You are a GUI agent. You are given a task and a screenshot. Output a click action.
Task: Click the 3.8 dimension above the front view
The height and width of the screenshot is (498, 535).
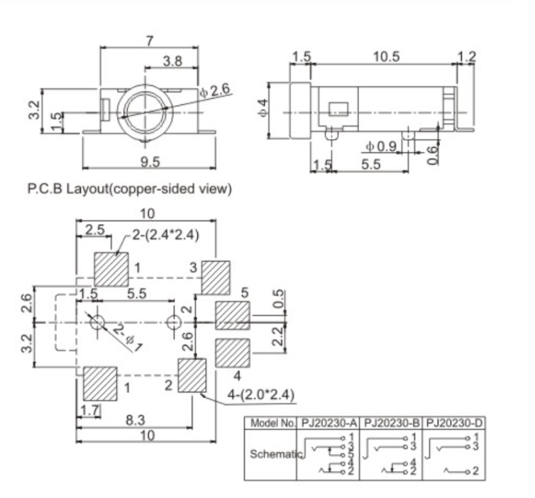click(172, 62)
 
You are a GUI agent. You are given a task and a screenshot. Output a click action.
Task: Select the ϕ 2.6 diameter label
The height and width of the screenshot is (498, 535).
click(215, 90)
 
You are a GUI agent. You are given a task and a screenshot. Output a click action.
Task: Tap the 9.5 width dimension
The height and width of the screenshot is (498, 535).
click(150, 162)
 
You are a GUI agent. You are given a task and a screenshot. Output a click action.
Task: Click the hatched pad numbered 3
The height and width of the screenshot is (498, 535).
click(216, 277)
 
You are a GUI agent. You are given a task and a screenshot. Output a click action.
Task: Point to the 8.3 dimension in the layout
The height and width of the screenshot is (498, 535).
click(133, 421)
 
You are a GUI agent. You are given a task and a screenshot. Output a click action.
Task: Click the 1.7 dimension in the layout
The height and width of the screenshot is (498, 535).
click(89, 409)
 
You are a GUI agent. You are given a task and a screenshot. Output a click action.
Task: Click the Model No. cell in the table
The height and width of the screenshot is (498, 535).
click(270, 424)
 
